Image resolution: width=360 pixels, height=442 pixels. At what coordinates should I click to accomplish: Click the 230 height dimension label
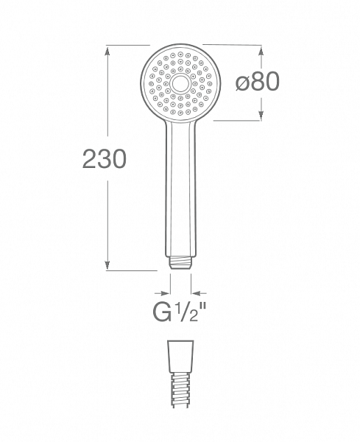(x=104, y=159)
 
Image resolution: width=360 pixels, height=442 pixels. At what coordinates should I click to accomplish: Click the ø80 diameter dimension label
(x=257, y=83)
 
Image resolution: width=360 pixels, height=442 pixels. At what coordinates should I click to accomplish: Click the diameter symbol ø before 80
(x=242, y=83)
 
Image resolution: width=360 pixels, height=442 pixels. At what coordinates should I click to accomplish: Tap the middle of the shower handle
(x=180, y=192)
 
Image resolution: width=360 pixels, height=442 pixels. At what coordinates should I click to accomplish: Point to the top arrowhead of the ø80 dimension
(x=260, y=49)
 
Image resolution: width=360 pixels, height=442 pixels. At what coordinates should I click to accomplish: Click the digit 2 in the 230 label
(x=89, y=159)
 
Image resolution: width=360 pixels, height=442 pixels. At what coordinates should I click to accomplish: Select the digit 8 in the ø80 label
(x=257, y=83)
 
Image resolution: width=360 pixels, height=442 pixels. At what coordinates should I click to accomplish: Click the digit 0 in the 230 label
(x=119, y=159)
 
